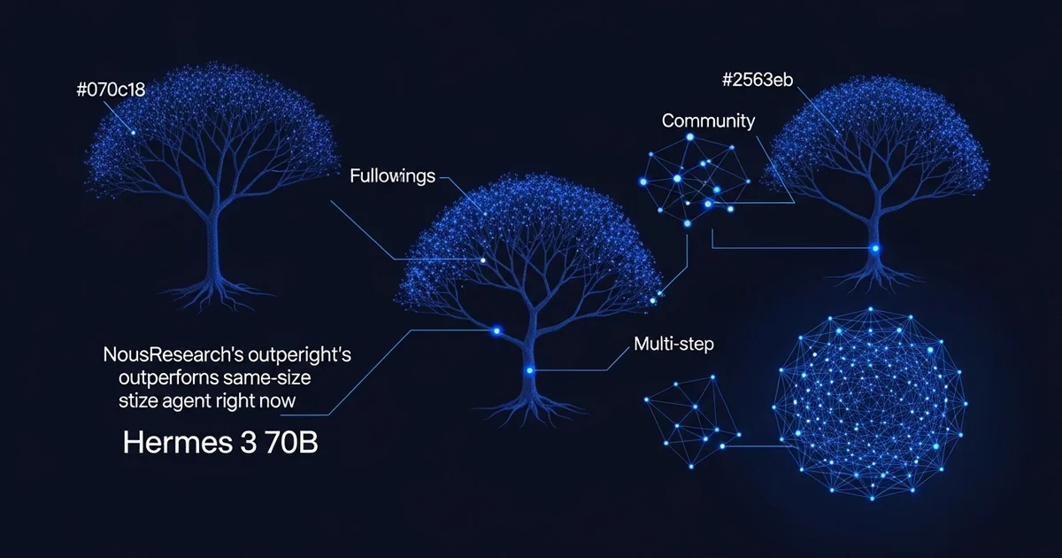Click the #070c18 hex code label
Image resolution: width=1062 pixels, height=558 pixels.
coord(111,89)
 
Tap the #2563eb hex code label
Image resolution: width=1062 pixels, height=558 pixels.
coord(758,80)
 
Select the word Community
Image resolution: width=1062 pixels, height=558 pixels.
coord(708,121)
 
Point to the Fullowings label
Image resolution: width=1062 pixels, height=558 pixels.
coord(393,176)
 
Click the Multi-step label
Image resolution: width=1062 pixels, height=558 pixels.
coord(673,344)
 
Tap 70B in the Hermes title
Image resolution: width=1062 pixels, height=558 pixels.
coord(291,443)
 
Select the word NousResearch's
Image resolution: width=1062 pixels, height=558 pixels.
coord(173,355)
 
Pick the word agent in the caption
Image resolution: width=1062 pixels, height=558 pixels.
coord(187,401)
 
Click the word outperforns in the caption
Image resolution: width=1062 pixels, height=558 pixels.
coord(168,378)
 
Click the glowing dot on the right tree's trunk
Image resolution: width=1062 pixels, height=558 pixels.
coord(875,248)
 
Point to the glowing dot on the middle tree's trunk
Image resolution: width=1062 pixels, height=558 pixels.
coord(529,370)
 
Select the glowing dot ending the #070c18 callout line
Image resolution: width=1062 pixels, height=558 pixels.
coord(134,133)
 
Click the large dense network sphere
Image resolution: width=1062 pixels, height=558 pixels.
coord(870,404)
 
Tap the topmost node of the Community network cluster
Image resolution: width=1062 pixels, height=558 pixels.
coord(690,137)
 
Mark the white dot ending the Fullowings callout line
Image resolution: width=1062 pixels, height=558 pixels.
coord(483,260)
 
